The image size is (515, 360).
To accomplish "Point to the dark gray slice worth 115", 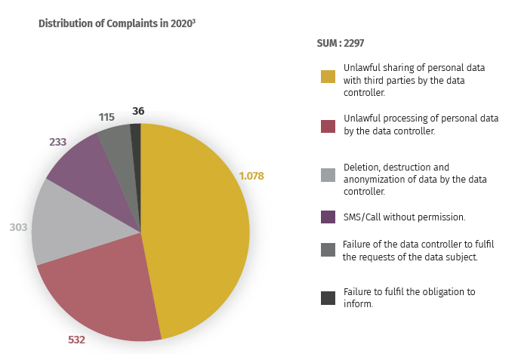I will tap(116, 140).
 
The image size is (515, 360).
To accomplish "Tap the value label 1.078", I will tap(251, 176).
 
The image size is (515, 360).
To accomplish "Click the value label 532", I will tap(76, 340).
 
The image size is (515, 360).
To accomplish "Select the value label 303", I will tap(18, 226).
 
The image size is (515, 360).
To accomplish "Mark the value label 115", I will tap(106, 117).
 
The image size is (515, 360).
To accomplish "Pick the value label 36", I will tap(137, 111).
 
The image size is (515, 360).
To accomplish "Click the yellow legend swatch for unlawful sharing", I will tap(327, 76).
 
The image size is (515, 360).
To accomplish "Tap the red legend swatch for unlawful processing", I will tap(327, 125).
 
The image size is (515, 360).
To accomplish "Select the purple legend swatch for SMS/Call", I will tap(327, 217).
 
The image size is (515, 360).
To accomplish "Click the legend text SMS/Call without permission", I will tap(404, 217).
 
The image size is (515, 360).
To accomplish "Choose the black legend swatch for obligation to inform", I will tap(327, 297).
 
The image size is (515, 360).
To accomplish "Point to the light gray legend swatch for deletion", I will tap(327, 175).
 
